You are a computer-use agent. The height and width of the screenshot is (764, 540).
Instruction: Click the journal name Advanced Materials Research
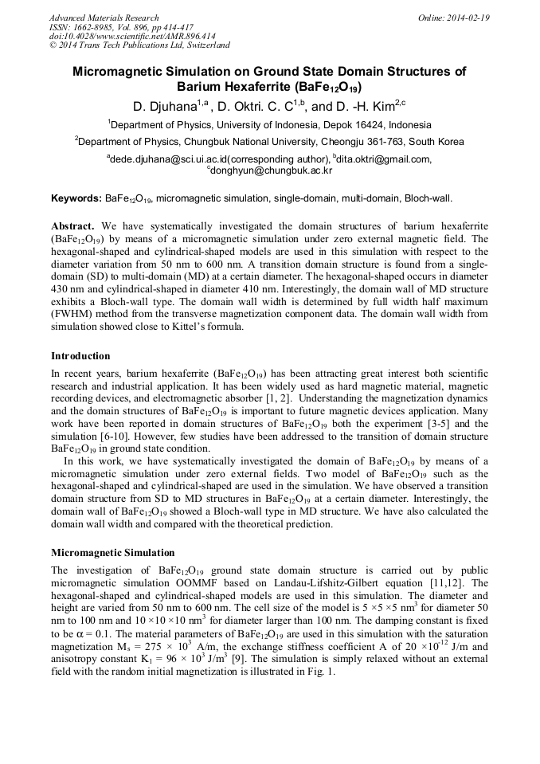click(x=104, y=18)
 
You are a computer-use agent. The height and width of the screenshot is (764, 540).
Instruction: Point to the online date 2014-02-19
click(x=468, y=18)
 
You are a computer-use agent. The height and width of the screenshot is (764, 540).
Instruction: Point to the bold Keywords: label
click(x=76, y=198)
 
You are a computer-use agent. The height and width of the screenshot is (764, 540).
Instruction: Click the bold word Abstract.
click(x=73, y=225)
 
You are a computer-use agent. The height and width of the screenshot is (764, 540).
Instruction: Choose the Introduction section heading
click(x=80, y=356)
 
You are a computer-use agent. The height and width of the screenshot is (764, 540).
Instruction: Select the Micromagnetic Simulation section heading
click(x=112, y=553)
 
